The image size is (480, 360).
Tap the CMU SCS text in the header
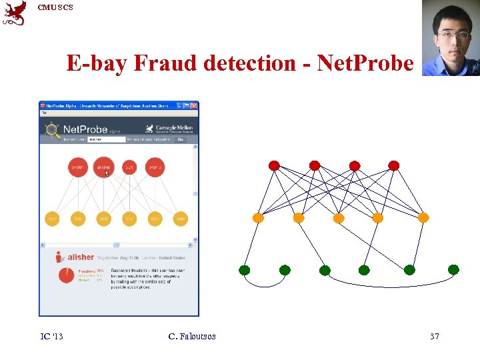click(55, 7)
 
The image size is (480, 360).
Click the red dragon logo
click(15, 13)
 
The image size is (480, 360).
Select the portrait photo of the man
click(451, 38)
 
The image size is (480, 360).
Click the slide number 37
click(434, 337)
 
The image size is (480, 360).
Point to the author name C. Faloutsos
click(192, 337)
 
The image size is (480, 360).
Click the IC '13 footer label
click(51, 337)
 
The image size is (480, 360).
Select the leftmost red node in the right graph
click(274, 165)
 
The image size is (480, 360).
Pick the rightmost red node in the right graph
click(394, 165)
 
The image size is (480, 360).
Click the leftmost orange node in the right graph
click(259, 217)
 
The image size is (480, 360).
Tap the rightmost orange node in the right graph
click(423, 217)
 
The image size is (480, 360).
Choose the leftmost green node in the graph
click(245, 270)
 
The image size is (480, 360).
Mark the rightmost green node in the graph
click(453, 270)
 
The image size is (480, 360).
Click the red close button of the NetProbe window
click(195, 105)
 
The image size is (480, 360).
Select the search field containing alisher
click(106, 139)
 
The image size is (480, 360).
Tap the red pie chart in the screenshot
click(66, 275)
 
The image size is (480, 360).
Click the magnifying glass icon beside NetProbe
click(52, 130)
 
